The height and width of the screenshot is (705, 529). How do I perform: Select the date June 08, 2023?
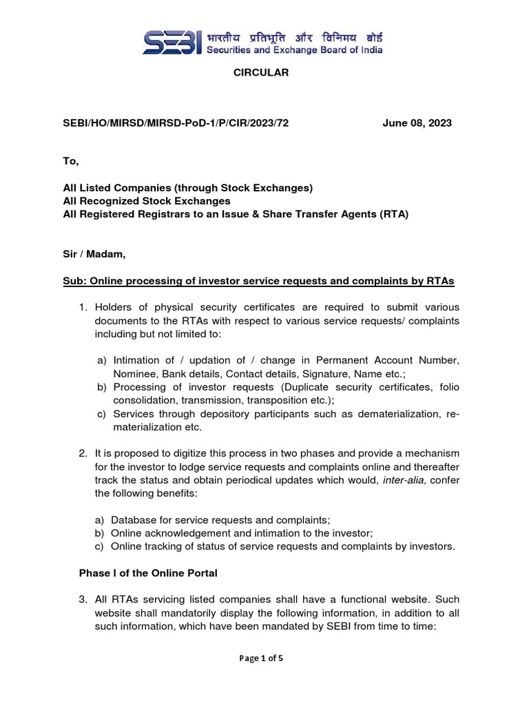(417, 123)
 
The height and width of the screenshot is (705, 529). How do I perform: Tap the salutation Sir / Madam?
(94, 254)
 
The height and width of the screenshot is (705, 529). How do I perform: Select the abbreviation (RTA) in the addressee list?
(392, 214)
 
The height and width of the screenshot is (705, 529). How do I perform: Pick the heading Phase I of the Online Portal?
(148, 573)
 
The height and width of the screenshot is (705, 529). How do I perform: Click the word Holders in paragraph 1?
(115, 306)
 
